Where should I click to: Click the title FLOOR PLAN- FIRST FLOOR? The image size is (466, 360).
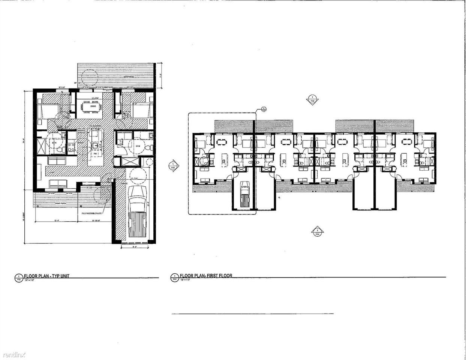206,276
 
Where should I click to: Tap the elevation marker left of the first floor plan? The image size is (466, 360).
173,165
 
